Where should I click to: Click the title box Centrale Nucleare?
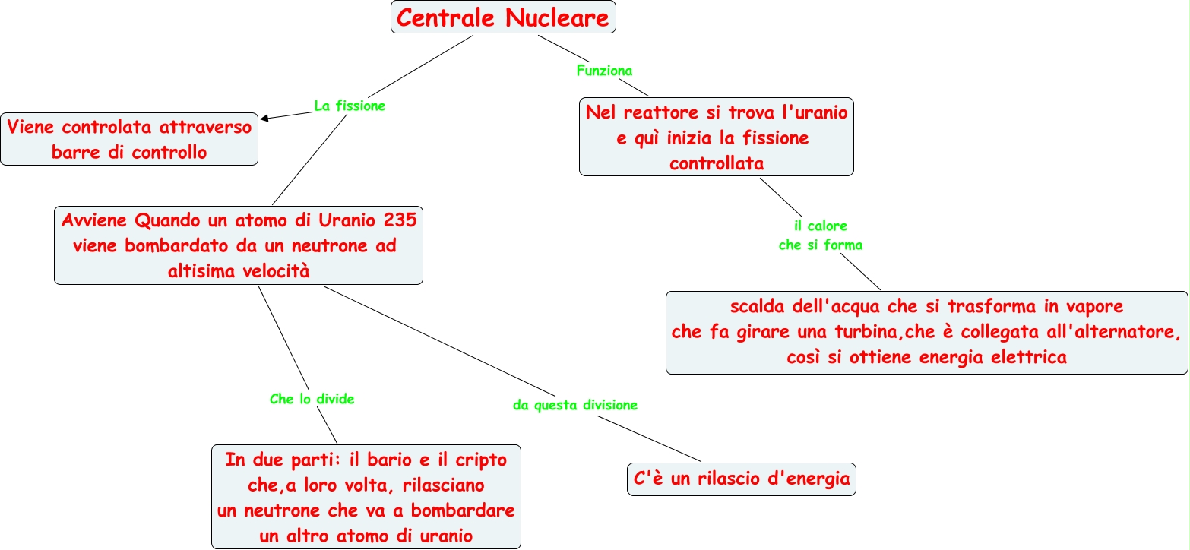(503, 17)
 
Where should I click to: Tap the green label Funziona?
(605, 71)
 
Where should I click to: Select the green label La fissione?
(350, 106)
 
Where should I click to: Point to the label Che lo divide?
(312, 399)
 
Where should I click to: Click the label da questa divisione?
(574, 405)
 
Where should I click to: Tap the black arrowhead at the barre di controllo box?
(264, 118)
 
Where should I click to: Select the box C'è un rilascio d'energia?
(742, 479)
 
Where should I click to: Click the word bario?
(389, 459)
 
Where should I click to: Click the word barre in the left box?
(75, 153)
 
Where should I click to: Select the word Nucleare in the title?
(557, 17)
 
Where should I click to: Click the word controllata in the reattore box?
(717, 163)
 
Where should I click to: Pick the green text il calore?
(820, 226)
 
